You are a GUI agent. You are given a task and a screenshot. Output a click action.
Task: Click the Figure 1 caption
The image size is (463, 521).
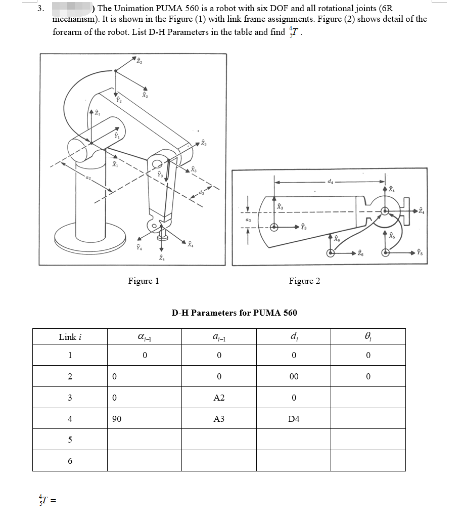(x=144, y=281)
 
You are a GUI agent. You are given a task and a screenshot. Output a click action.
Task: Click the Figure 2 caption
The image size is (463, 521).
(x=304, y=281)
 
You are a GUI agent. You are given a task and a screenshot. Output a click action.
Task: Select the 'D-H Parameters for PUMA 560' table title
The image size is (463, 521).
(x=234, y=313)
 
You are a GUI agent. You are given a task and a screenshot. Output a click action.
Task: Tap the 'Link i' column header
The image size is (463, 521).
(x=70, y=337)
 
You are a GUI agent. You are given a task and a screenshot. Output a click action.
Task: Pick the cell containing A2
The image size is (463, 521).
(x=219, y=398)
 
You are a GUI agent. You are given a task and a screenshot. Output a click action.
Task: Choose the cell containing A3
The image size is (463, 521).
(x=219, y=419)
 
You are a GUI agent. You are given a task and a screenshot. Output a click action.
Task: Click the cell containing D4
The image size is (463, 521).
(x=294, y=419)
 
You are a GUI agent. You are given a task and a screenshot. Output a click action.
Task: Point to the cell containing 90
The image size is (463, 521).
(x=117, y=419)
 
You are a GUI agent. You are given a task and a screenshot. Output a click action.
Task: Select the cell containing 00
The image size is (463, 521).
(x=294, y=376)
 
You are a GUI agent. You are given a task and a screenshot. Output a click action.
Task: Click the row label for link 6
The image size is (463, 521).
(x=70, y=461)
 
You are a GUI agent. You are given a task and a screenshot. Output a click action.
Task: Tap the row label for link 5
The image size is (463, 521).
(x=70, y=440)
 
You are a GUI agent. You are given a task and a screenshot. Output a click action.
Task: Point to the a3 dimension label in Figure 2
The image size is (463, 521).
(x=248, y=221)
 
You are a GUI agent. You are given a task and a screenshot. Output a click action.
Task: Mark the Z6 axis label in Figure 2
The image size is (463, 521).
(x=359, y=252)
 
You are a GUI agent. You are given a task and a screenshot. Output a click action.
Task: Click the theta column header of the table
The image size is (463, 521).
(x=368, y=337)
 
